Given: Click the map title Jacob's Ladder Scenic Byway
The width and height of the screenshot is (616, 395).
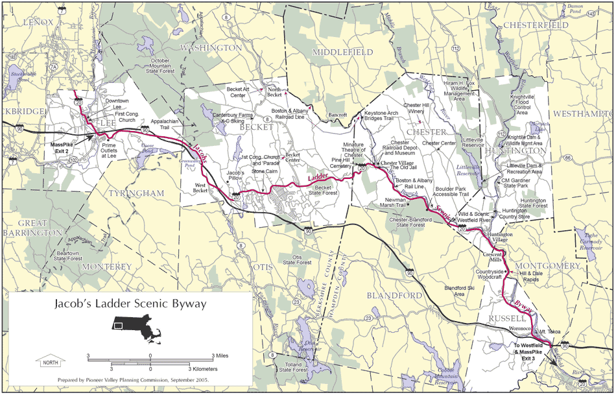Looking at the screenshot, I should click(130, 304).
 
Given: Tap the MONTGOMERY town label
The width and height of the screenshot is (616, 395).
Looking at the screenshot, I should click(548, 266).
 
